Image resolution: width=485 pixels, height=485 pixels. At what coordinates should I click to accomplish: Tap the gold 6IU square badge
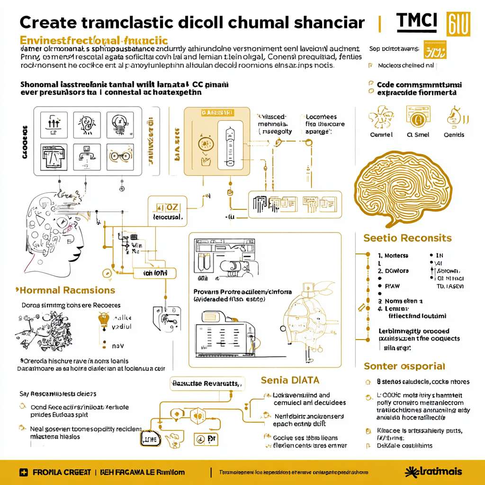[x=458, y=24]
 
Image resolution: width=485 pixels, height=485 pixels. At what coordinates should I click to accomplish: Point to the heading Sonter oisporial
[x=404, y=366]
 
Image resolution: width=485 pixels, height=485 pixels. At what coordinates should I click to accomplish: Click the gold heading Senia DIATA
[x=290, y=380]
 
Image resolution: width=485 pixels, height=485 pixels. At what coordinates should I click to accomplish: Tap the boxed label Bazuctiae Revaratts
[x=207, y=383]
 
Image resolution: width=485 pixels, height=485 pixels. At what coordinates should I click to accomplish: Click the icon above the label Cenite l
[x=381, y=117]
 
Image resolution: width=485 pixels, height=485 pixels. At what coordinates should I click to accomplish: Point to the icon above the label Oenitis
[x=454, y=117]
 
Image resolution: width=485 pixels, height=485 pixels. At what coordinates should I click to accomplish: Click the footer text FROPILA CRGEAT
[x=60, y=472]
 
